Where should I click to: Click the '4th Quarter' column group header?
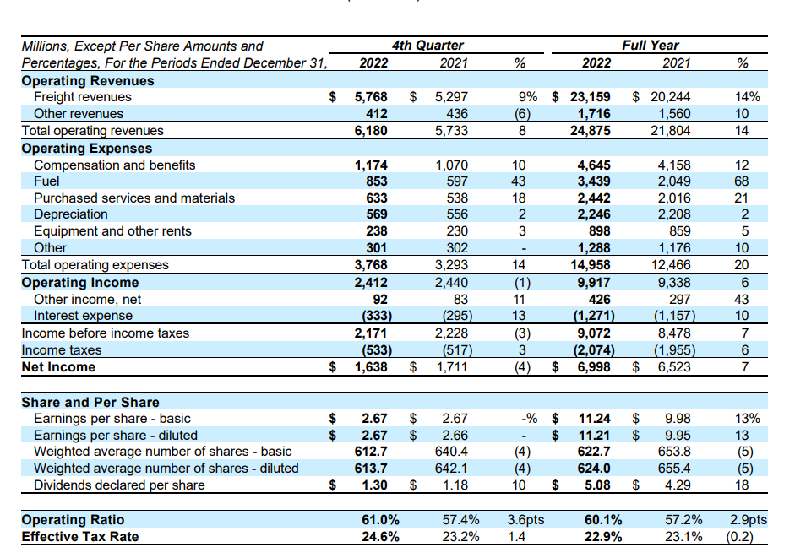pyautogui.click(x=427, y=46)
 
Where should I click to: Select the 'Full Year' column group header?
pyautogui.click(x=650, y=46)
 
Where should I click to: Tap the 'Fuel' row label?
pyautogui.click(x=46, y=181)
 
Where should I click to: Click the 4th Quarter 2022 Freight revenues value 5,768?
pyautogui.click(x=370, y=97)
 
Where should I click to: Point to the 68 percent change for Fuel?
pyautogui.click(x=742, y=181)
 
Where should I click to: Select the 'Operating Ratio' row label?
pyautogui.click(x=73, y=520)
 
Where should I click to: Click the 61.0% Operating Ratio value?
pyautogui.click(x=378, y=520)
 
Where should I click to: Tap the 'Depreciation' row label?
pyautogui.click(x=70, y=214)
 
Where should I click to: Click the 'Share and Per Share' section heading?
pyautogui.click(x=90, y=402)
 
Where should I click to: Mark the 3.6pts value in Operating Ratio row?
pyautogui.click(x=525, y=520)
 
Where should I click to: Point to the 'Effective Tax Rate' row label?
pyautogui.click(x=80, y=537)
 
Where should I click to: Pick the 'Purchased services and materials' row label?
pyautogui.click(x=134, y=198)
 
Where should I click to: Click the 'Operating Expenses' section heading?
pyautogui.click(x=87, y=148)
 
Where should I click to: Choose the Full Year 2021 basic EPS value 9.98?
pyautogui.click(x=678, y=419)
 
